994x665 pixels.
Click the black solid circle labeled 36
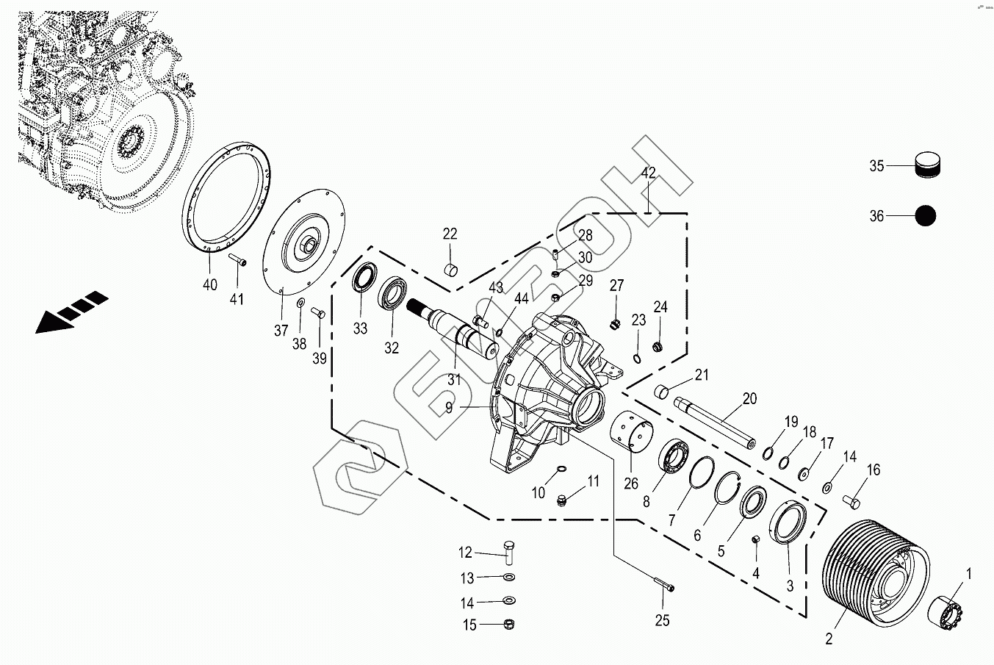point(926,216)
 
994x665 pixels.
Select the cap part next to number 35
point(928,165)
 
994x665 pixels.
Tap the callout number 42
point(648,173)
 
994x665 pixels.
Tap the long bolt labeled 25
point(664,586)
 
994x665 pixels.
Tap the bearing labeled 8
point(674,459)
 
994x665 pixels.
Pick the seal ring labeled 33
point(363,281)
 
